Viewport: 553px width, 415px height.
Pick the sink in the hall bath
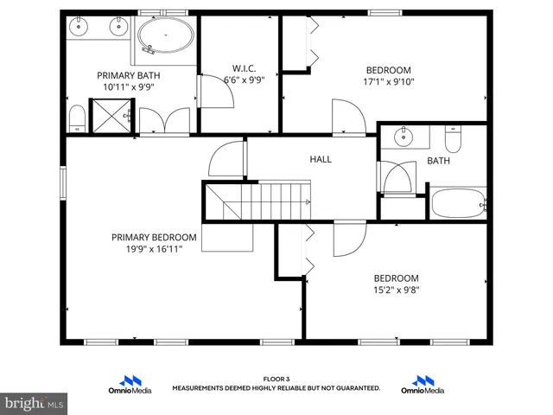(x=404, y=137)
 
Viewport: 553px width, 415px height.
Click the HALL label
(x=321, y=159)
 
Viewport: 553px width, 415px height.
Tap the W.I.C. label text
(x=244, y=67)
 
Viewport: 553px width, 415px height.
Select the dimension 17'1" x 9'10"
(x=388, y=84)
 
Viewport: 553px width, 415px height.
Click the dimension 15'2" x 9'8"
(x=396, y=291)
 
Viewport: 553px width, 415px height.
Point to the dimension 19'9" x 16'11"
(x=153, y=250)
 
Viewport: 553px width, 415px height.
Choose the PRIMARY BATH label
(x=128, y=75)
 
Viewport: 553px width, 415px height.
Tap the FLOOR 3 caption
(x=276, y=380)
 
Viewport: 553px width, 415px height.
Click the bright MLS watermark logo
(x=34, y=404)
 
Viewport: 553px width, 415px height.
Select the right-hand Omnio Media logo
(x=423, y=385)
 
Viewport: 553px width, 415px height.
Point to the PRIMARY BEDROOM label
(x=153, y=237)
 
